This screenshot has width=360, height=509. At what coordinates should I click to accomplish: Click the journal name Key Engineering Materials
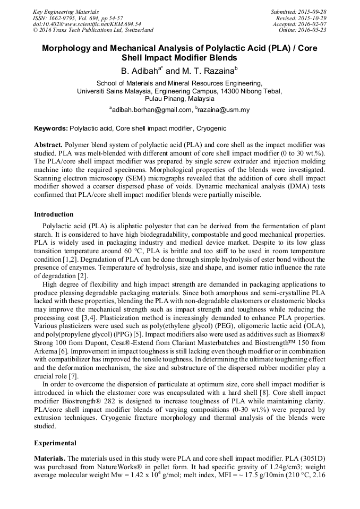pos(66,12)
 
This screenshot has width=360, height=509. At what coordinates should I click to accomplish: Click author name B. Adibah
pos(139,70)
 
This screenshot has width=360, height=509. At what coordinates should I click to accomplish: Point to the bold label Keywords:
pos(51,129)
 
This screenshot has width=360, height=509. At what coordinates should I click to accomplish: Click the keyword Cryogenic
pos(211,129)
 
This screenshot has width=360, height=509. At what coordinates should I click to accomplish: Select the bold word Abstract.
pos(48,144)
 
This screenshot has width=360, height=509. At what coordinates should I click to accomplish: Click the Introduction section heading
pos(54,214)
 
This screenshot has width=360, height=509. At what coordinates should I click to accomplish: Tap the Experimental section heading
pos(55,443)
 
